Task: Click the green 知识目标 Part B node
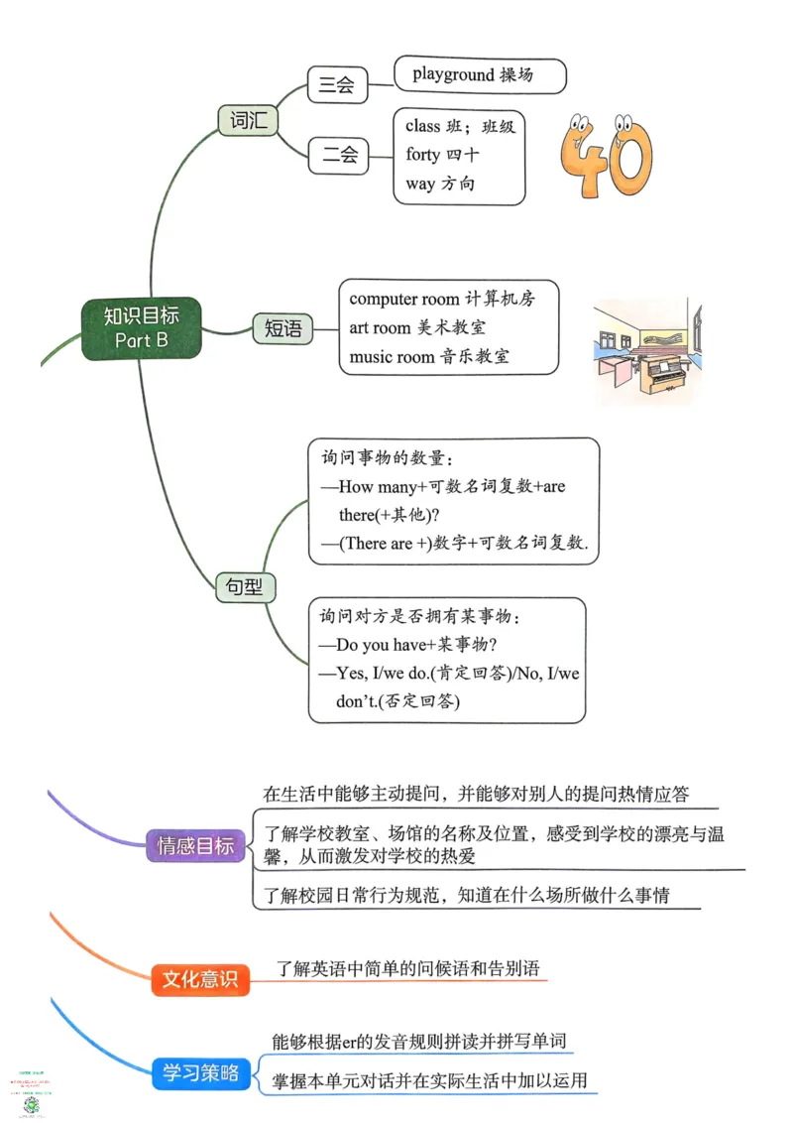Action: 141,327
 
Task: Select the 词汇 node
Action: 247,121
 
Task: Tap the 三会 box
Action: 337,84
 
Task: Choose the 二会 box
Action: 337,156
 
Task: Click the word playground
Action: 452,74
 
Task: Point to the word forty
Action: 422,155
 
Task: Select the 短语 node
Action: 283,328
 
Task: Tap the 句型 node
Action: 245,587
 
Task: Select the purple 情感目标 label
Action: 195,846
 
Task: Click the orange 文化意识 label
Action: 199,979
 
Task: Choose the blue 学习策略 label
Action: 201,1072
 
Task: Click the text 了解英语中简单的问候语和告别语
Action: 408,968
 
